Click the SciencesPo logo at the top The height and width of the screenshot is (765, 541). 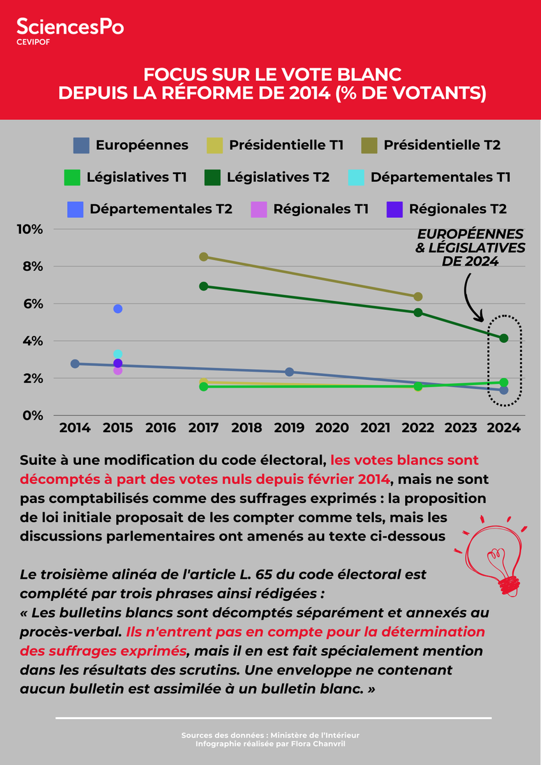70,27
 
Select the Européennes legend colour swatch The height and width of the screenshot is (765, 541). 81,145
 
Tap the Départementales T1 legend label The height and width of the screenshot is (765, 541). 440,177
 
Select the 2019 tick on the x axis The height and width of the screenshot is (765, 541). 289,428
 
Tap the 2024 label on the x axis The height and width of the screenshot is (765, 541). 504,428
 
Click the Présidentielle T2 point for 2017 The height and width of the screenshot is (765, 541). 204,257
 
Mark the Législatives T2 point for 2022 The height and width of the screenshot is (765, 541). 418,312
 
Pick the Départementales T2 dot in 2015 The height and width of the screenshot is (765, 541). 117,309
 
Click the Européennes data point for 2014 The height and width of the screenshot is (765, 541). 75,363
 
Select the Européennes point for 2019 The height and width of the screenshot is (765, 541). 289,372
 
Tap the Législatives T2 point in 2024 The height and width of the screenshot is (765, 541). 503,338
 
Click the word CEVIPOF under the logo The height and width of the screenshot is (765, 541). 34,43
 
